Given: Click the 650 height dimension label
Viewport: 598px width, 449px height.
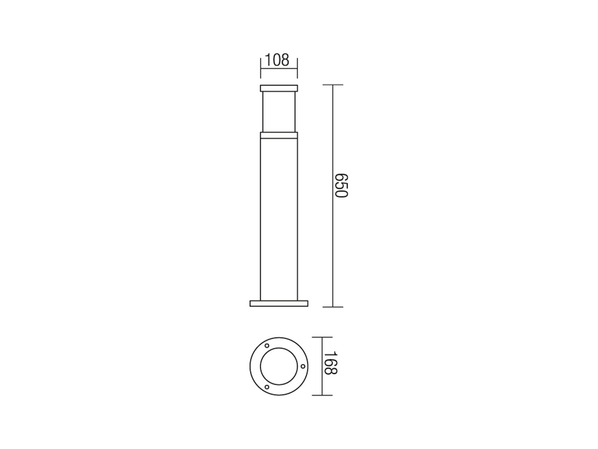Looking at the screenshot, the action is click(341, 185).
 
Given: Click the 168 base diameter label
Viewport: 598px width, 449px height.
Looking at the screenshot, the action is click(331, 363).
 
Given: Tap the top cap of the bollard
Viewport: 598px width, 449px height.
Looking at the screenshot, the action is click(279, 88).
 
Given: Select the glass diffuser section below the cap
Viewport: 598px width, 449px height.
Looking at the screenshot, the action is click(279, 112).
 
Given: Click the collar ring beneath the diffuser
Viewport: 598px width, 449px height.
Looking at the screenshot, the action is click(279, 135).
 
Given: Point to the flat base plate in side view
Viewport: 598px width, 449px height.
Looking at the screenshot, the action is click(279, 303).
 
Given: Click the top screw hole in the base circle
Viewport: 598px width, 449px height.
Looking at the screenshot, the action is click(267, 346).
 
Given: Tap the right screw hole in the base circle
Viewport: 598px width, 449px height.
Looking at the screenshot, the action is click(303, 366).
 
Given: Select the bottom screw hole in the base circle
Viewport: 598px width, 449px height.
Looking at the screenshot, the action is click(267, 387).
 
